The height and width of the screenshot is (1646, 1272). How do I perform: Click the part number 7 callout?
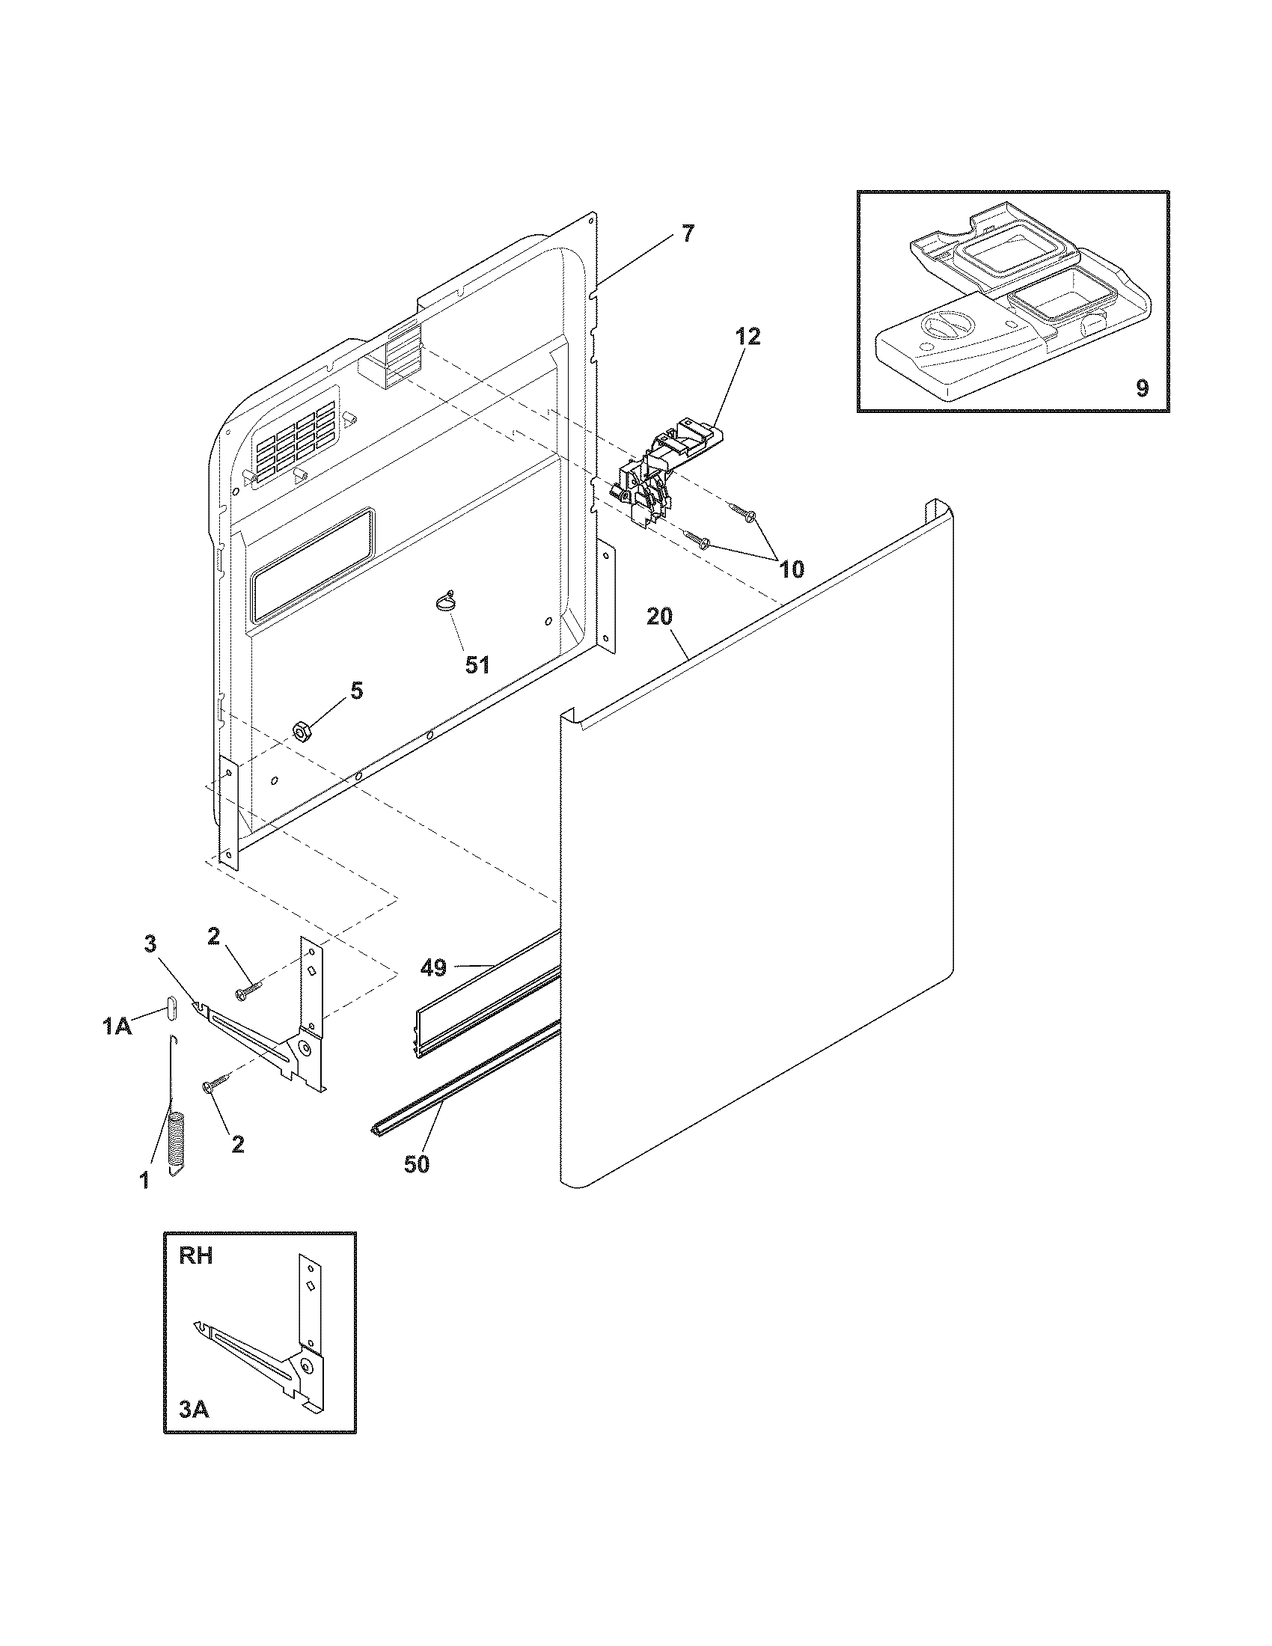(686, 234)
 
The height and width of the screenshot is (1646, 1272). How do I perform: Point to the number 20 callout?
(659, 617)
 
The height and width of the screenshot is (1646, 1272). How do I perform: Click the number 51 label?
(478, 664)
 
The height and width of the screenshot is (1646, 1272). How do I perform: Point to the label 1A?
(117, 1027)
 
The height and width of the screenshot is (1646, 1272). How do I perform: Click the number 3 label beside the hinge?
(150, 943)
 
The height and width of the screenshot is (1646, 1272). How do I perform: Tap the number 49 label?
(434, 967)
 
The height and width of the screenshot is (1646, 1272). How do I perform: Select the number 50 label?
(416, 1164)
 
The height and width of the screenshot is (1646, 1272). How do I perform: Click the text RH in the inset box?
(196, 1256)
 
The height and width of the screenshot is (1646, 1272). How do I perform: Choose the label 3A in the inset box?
(194, 1409)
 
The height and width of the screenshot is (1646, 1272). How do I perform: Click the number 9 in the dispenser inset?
(1142, 389)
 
